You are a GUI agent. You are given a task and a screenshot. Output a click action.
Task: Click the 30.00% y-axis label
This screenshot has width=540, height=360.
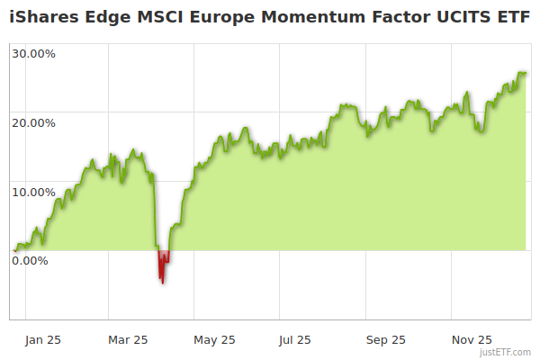click(33, 53)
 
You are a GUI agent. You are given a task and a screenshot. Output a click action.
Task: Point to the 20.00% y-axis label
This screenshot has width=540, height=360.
click(33, 122)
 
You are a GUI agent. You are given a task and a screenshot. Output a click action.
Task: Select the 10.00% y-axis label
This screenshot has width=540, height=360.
click(33, 192)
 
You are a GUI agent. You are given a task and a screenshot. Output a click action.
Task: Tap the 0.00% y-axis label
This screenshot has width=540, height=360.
click(30, 261)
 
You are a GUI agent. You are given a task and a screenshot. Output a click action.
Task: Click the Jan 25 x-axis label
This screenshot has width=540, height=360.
click(42, 339)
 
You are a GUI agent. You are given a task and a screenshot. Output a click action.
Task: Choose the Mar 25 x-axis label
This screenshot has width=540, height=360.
click(128, 339)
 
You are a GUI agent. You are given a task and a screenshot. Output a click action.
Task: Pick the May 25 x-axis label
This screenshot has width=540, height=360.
click(214, 339)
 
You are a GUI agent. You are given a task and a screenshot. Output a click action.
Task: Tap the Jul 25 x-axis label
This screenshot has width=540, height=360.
click(295, 339)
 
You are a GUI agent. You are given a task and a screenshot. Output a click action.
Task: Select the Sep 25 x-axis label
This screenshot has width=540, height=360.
click(386, 339)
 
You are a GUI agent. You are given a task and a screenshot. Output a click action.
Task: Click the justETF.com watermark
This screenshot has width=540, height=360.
click(507, 353)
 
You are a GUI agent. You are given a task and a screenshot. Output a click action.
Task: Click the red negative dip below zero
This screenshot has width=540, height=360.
click(163, 265)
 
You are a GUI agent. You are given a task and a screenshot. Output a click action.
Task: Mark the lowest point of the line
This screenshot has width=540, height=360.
click(163, 283)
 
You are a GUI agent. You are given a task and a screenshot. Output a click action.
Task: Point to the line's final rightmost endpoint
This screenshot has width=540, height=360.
click(526, 74)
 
